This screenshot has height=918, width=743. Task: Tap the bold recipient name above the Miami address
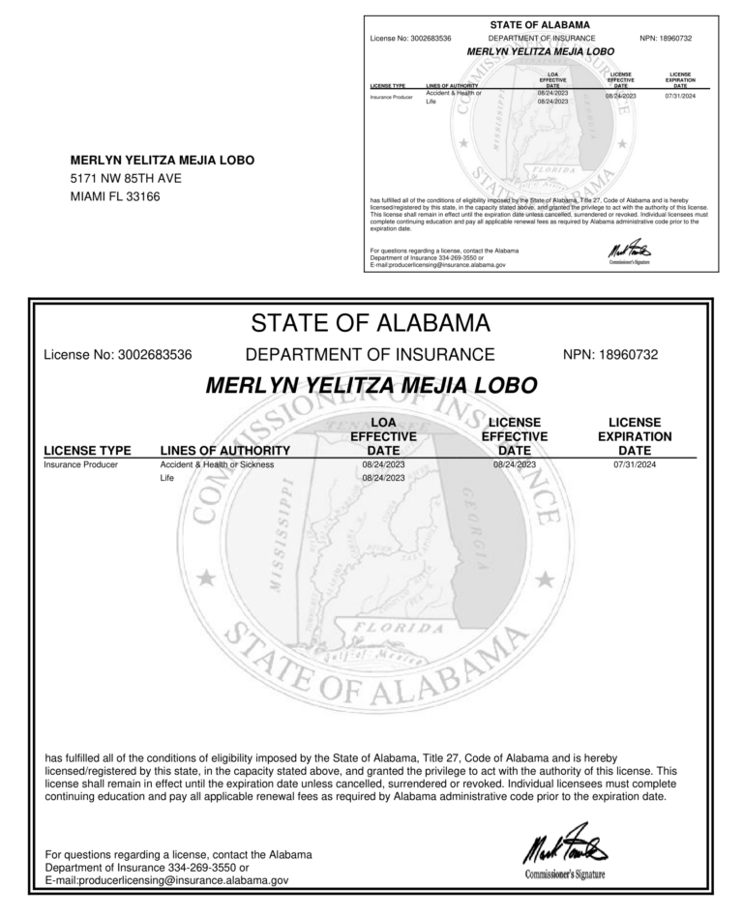point(163,161)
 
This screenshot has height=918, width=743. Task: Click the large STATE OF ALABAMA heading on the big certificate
point(371,322)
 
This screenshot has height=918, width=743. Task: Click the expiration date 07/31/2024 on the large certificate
point(634,464)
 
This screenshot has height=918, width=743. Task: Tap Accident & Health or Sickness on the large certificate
point(217,464)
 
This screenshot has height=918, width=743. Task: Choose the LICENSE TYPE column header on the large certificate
point(87,450)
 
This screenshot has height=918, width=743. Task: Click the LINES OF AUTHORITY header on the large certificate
point(224,450)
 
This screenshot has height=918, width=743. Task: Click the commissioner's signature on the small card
point(623,251)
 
